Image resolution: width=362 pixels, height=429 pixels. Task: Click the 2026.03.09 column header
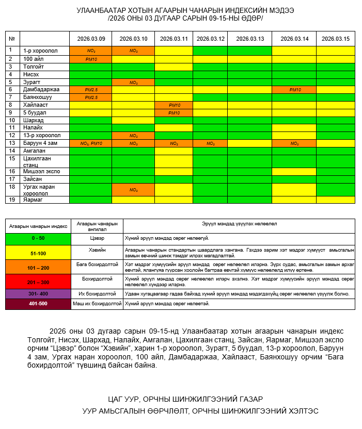pyautogui.click(x=91, y=39)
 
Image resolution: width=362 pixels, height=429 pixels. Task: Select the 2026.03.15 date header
pyautogui.click(x=335, y=39)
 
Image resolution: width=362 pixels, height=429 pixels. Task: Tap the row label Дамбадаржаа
pyautogui.click(x=41, y=90)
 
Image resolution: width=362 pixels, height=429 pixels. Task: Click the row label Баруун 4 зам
pyautogui.click(x=40, y=143)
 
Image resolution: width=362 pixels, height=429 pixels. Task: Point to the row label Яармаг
pyautogui.click(x=33, y=200)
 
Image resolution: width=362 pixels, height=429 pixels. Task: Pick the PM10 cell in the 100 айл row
pyautogui.click(x=91, y=59)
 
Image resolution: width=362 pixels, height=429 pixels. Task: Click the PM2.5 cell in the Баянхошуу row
pyautogui.click(x=91, y=97)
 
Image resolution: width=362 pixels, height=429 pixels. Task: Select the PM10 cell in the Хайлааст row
pyautogui.click(x=174, y=105)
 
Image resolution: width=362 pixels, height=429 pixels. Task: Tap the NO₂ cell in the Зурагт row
pyautogui.click(x=133, y=82)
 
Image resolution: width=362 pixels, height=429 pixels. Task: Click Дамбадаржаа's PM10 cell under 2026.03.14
pyautogui.click(x=294, y=90)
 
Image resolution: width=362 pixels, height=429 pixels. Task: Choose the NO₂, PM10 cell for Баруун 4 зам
pyautogui.click(x=91, y=143)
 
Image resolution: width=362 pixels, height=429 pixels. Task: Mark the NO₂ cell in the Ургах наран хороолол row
pyautogui.click(x=133, y=189)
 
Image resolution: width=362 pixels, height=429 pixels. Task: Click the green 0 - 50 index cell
pyautogui.click(x=38, y=239)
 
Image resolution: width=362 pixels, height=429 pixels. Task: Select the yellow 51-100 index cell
pyautogui.click(x=38, y=253)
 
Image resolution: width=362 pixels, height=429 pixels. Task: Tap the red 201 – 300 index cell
pyautogui.click(x=38, y=282)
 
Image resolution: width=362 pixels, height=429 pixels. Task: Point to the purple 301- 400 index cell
pyautogui.click(x=38, y=294)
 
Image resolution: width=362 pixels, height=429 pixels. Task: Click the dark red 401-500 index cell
pyautogui.click(x=38, y=304)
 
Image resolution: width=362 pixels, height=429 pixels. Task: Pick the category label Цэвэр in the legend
pyautogui.click(x=97, y=239)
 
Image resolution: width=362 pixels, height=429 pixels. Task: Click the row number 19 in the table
pyautogui.click(x=10, y=200)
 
